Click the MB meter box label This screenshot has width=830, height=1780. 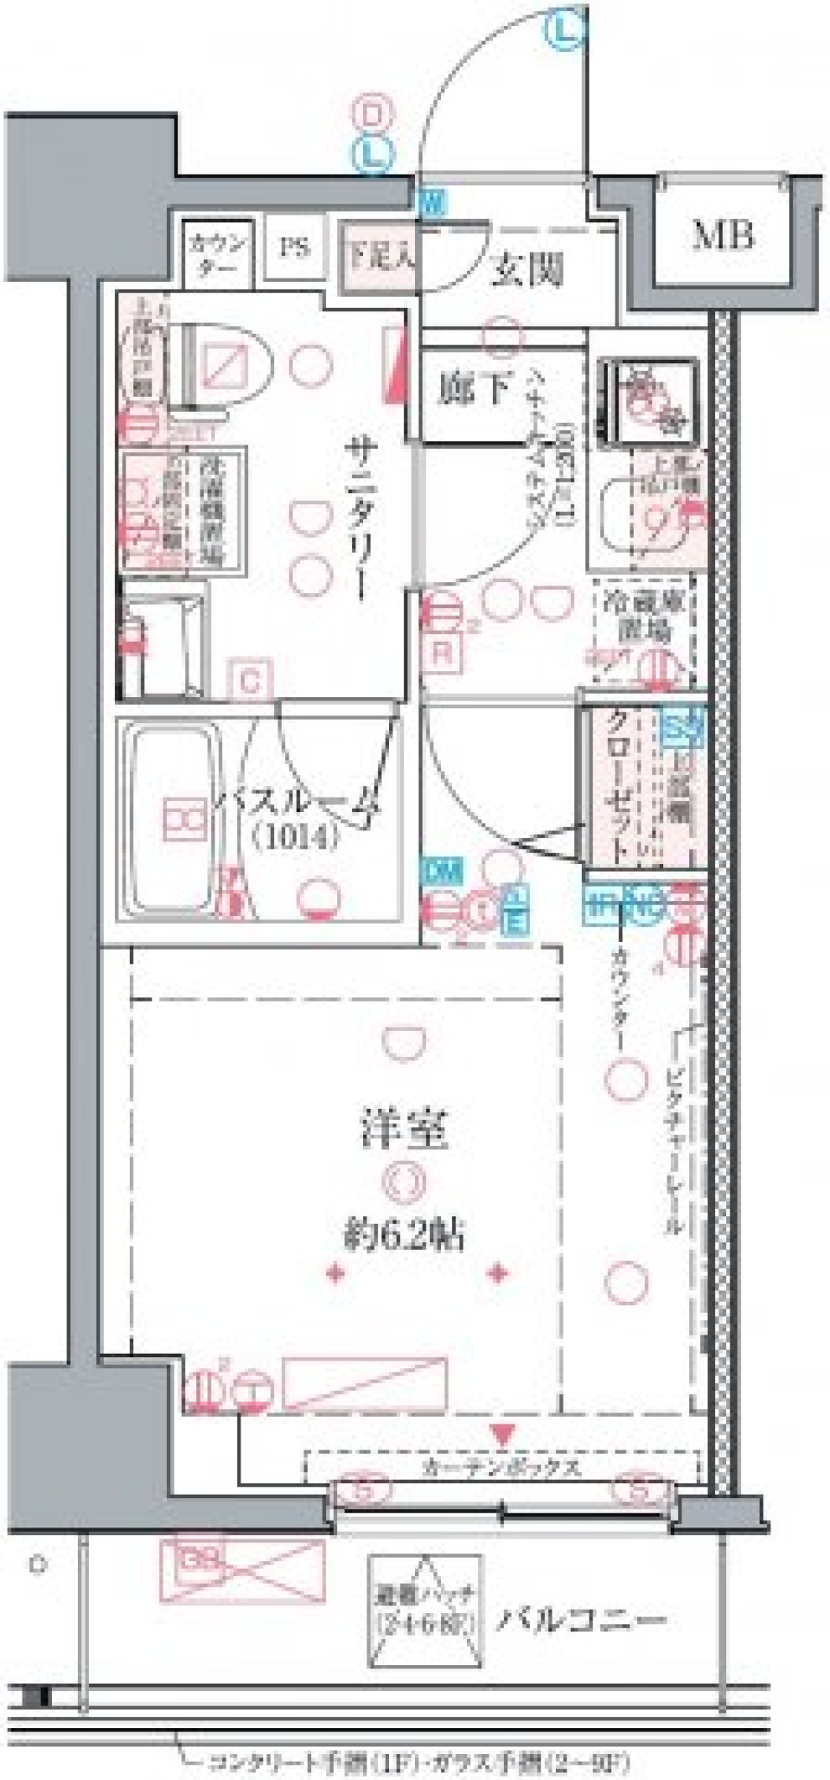click(723, 235)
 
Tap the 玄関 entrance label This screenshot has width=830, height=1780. click(527, 272)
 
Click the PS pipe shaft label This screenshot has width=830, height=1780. click(294, 247)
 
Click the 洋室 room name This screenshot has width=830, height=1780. click(404, 1128)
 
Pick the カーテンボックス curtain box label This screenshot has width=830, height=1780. click(501, 1467)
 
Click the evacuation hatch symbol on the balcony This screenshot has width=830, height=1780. click(425, 1611)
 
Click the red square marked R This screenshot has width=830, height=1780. click(443, 652)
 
